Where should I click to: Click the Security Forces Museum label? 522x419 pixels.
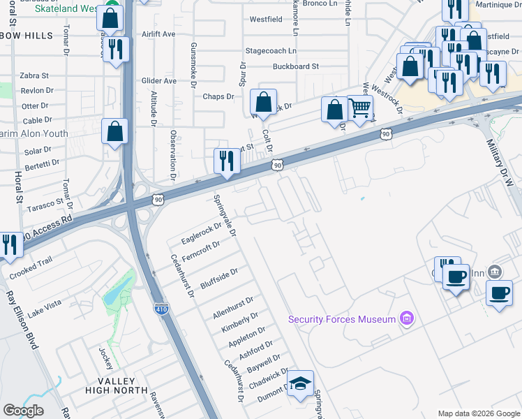[x=341, y=319]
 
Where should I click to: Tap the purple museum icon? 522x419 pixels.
[x=407, y=319]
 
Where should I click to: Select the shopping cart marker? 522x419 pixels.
[x=359, y=108]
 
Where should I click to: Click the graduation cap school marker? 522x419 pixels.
[x=301, y=383]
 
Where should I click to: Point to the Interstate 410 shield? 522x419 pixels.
[x=162, y=308]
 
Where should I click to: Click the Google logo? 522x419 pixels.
[x=23, y=411]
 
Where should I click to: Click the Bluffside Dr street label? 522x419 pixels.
[x=219, y=277]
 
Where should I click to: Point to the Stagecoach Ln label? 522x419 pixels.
[x=270, y=51]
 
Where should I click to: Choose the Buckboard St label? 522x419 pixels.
[x=295, y=66]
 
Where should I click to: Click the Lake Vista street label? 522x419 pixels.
[x=45, y=304]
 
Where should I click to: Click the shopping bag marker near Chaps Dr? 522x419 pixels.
[x=264, y=103]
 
